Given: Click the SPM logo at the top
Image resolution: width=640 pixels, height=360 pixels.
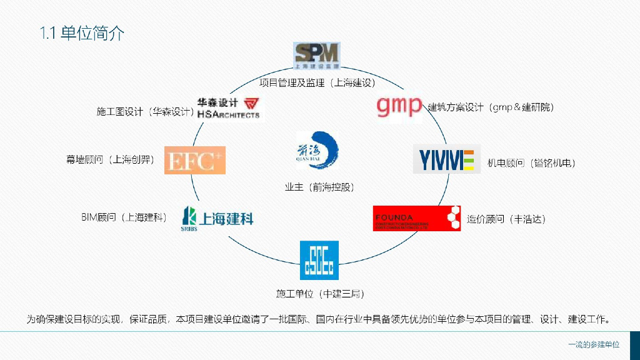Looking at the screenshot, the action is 317,56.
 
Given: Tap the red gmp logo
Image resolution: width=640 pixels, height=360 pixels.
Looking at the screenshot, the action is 399,106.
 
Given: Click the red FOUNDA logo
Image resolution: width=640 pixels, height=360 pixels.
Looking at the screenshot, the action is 416,218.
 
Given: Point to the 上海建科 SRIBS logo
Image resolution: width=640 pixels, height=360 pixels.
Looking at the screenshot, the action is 217,217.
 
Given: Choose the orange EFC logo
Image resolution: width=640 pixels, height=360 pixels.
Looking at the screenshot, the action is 194,160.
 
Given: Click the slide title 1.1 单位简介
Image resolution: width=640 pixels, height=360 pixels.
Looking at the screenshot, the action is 82,34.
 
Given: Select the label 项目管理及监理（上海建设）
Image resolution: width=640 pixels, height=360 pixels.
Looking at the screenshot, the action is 317,82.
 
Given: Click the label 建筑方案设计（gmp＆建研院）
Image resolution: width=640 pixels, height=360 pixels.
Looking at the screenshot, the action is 491,107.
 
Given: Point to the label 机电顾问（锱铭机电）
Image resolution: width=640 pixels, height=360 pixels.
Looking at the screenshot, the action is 531,164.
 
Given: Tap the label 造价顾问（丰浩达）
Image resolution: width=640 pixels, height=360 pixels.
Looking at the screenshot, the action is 506,219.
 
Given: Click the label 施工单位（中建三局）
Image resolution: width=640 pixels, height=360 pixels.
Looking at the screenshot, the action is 320,293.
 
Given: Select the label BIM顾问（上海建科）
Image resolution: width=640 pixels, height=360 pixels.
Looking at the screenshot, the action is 124,217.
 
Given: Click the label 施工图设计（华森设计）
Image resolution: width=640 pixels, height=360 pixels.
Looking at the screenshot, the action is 145,112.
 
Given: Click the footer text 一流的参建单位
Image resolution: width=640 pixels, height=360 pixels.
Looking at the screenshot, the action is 594,345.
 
